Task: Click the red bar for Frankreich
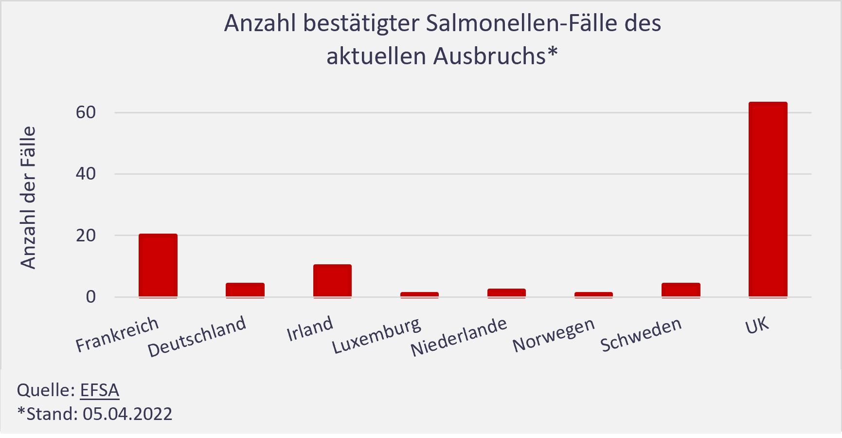pos(158,265)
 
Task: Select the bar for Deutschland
pos(245,290)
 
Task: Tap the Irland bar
pos(332,280)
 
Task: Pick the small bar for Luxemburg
pos(419,294)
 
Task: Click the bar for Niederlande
pos(506,292)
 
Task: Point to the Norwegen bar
pos(593,294)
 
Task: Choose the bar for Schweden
pos(681,290)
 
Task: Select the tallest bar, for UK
pos(768,200)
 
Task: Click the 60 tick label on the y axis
pos(86,112)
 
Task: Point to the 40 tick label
pos(86,174)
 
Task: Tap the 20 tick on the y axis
pos(86,236)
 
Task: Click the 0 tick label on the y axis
pos(91,297)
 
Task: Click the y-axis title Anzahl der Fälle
pos(29,197)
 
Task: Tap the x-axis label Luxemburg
pos(376,335)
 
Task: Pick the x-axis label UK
pos(757,326)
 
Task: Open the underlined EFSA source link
pos(100,390)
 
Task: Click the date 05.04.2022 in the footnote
pos(127,414)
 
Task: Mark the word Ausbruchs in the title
pos(490,56)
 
